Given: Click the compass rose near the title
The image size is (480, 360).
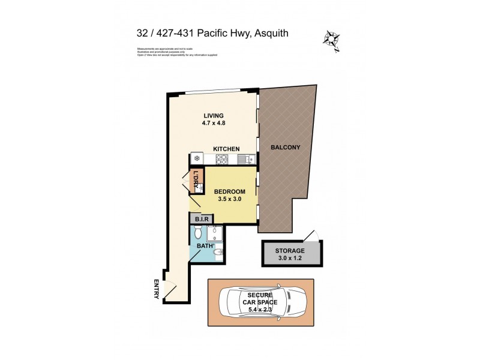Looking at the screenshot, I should point(331,39).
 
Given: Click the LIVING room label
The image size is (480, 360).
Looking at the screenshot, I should point(213,116).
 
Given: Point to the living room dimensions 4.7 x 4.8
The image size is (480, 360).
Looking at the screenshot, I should point(213,124).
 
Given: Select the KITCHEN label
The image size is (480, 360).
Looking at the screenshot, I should point(226,149).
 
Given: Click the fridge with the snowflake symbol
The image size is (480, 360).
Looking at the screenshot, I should point(196,159).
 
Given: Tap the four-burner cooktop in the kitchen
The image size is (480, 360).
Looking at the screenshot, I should point(221,159).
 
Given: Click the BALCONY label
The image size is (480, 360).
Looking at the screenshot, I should point(285,147).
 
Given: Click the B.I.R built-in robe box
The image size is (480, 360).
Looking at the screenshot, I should point(201,220).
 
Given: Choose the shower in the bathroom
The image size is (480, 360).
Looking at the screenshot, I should point(216,233).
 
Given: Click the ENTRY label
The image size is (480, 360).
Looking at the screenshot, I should point(156,290).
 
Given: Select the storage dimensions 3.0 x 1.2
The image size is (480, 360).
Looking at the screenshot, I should point(290,259).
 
